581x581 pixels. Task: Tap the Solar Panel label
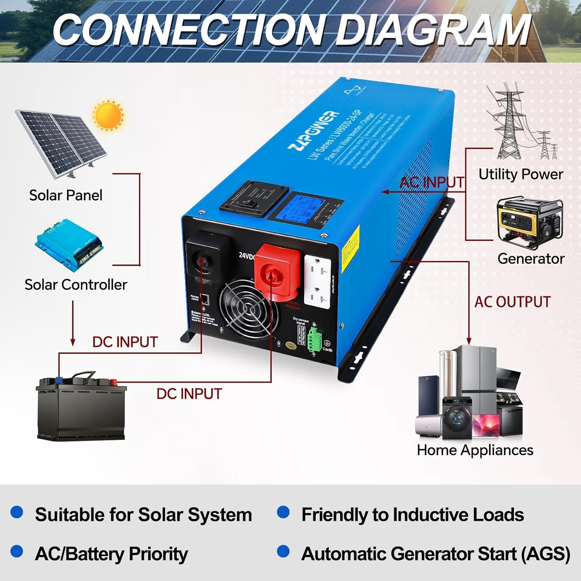pyautogui.click(x=66, y=195)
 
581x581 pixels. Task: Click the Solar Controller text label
pyautogui.click(x=76, y=285)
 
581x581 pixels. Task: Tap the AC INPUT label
pyautogui.click(x=432, y=182)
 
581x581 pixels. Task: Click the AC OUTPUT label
pyautogui.click(x=512, y=302)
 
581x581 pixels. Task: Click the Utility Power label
pyautogui.click(x=521, y=174)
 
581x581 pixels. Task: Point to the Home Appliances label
pyautogui.click(x=475, y=450)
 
